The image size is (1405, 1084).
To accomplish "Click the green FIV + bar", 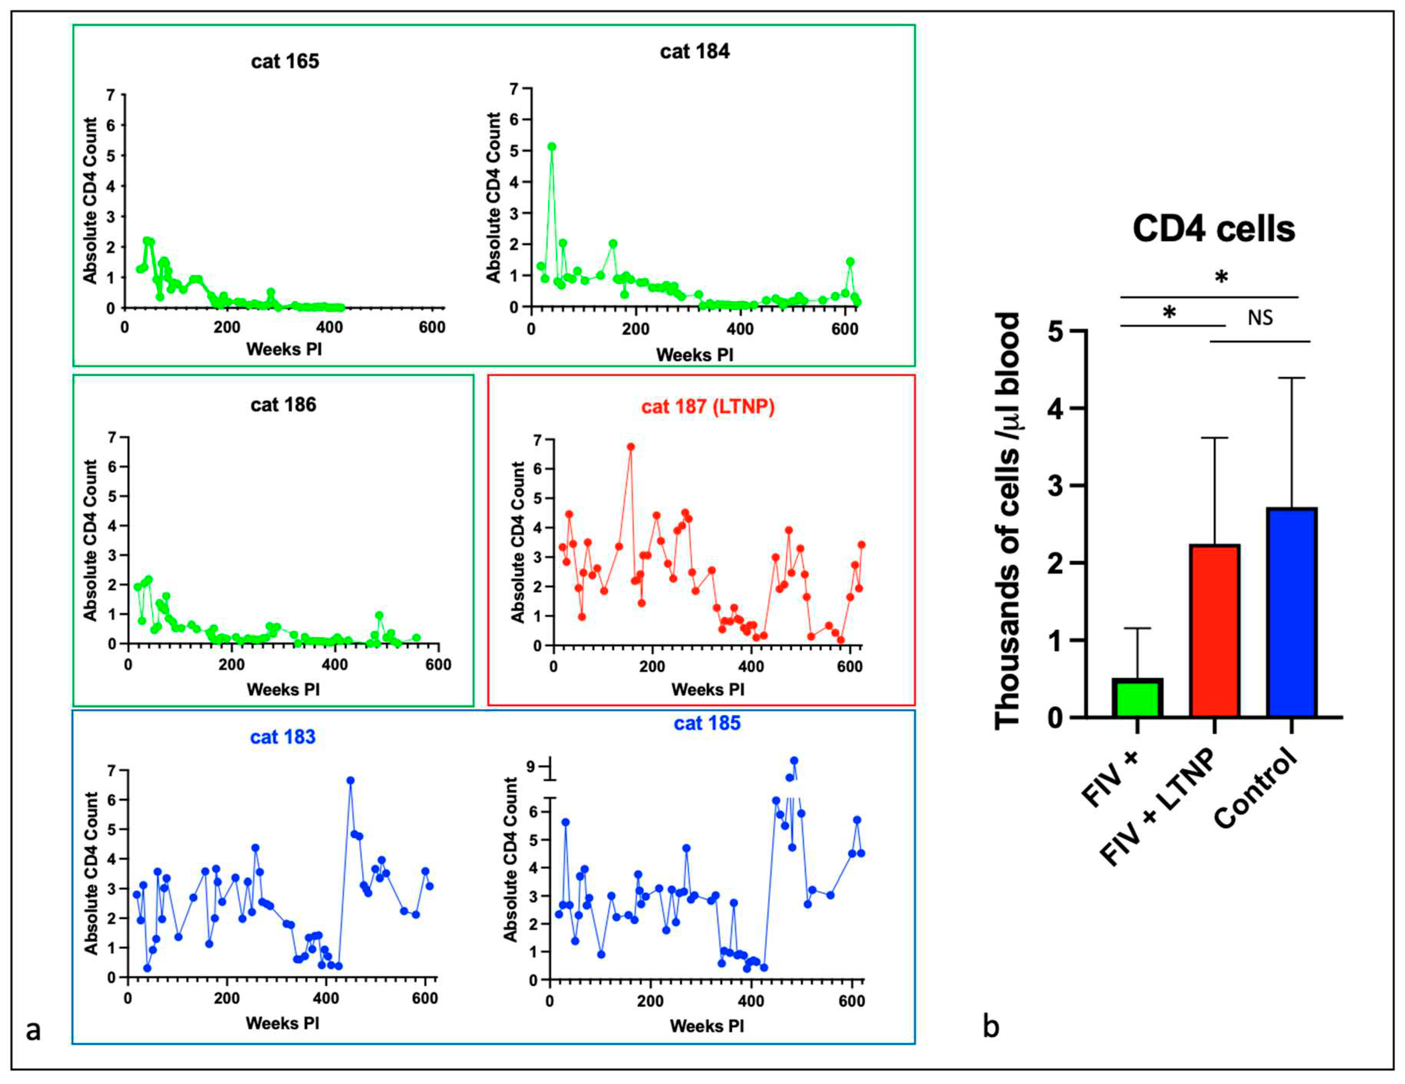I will tap(1137, 698).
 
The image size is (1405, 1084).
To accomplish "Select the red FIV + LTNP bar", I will tap(1215, 631).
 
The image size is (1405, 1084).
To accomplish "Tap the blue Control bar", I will tap(1292, 613).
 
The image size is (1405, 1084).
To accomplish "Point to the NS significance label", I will tap(1260, 317).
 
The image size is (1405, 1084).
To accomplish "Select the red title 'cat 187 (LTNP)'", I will tap(708, 407).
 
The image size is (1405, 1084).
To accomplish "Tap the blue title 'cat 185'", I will tap(707, 723).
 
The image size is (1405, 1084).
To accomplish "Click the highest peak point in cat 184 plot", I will tap(551, 147).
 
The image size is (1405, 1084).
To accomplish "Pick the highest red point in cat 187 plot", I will tap(631, 446).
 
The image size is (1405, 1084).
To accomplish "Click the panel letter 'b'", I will tap(991, 1026).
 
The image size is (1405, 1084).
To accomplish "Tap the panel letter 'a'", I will tap(33, 1029).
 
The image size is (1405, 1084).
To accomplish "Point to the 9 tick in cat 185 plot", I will tap(531, 766).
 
